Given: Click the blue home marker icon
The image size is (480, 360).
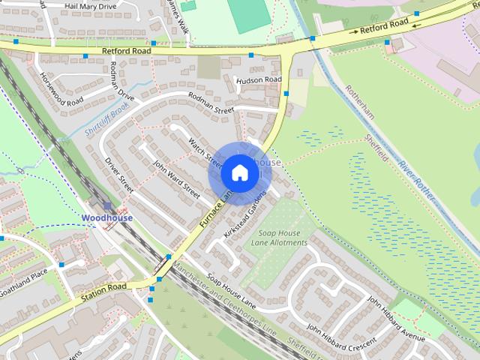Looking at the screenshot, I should (238, 173).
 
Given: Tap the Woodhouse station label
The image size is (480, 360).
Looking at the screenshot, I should (106, 218).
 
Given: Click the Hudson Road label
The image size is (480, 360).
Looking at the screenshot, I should (258, 79).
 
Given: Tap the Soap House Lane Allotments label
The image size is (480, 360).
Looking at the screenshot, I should (278, 238).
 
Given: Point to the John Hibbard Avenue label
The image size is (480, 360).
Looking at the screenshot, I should (397, 314).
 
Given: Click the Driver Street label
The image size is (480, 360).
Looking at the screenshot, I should (118, 174).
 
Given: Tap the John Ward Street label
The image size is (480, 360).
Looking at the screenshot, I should (175, 179).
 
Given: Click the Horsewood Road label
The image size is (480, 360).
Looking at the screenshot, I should (61, 89).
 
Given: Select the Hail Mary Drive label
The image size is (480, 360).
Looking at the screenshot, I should (91, 6).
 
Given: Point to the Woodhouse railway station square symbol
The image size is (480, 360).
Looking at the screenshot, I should (108, 205).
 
